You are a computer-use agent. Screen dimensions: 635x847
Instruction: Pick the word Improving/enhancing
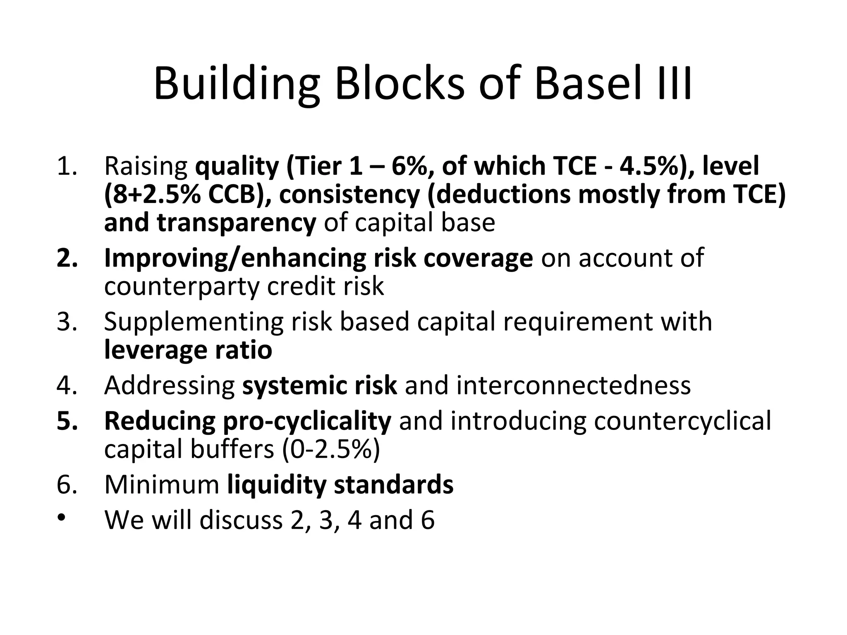pyautogui.click(x=235, y=258)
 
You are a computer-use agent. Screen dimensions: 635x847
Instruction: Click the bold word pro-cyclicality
pyautogui.click(x=307, y=421)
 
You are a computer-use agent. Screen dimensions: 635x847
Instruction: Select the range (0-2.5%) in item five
pyautogui.click(x=330, y=449)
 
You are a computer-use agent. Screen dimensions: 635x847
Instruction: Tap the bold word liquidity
pyautogui.click(x=276, y=485)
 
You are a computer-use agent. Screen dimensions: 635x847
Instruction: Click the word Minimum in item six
pyautogui.click(x=161, y=485)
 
